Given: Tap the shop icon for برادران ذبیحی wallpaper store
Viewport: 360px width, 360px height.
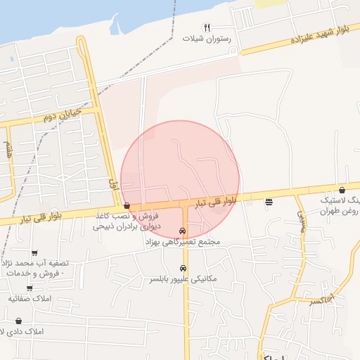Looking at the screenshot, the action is (127, 206).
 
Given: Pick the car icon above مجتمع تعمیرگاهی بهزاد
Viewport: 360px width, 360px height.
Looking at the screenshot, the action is (183, 231).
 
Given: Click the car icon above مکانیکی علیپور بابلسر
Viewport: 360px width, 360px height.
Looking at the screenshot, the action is (183, 268).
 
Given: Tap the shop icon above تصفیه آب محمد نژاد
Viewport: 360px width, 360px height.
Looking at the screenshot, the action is (34, 252).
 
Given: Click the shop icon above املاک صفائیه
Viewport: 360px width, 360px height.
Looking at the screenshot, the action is (30, 288).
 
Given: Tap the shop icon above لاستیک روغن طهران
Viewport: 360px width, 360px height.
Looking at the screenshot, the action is (342, 189).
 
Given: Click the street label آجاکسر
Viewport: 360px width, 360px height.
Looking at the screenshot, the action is (322, 300).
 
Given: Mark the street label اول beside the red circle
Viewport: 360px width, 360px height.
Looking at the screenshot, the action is (112, 186).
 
